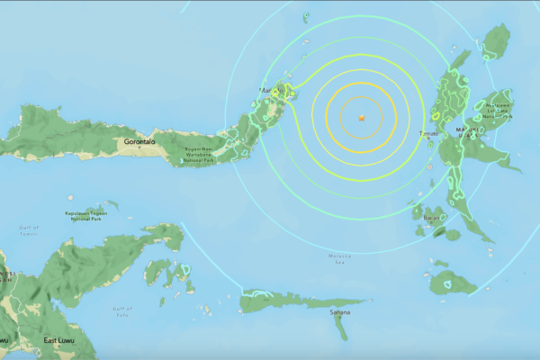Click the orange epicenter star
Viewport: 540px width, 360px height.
[x=362, y=118]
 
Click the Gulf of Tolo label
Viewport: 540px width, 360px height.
[x=122, y=312]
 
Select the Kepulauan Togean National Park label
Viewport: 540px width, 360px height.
[x=87, y=216]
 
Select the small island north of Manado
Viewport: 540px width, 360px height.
[x=306, y=16]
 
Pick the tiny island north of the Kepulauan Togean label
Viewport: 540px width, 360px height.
[x=109, y=206]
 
